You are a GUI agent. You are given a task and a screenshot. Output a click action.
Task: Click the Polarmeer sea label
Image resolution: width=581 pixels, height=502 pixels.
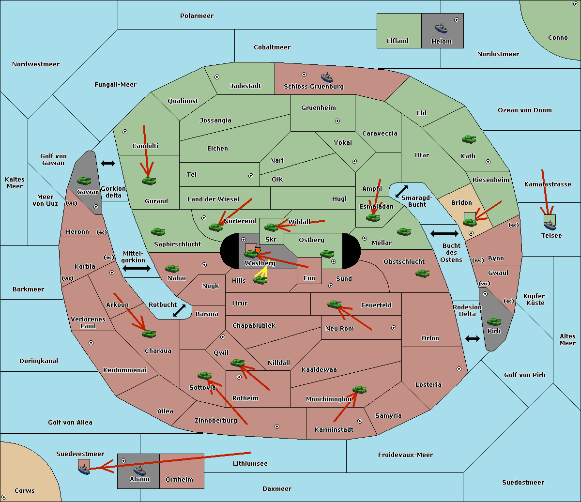click(x=197, y=16)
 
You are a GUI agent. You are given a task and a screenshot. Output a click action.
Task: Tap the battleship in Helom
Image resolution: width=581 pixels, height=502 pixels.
click(x=441, y=28)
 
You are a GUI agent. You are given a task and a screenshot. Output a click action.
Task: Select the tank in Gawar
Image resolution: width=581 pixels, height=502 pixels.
click(x=84, y=181)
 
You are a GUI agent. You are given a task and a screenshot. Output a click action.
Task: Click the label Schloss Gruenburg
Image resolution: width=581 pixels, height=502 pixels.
click(x=313, y=86)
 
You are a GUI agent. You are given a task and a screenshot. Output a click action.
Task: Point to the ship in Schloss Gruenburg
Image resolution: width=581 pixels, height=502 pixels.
click(x=327, y=77)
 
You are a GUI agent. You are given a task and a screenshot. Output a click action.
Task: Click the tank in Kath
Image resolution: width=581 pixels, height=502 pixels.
click(x=469, y=139)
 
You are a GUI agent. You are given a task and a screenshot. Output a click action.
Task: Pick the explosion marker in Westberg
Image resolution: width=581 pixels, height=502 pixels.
click(x=258, y=250)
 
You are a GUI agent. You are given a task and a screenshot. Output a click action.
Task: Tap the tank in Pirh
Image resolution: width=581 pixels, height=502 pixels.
click(x=494, y=321)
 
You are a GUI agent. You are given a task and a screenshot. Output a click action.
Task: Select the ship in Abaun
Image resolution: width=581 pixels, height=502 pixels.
click(x=140, y=470)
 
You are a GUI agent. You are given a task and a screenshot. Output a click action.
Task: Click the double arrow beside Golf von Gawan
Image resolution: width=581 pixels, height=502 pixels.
click(x=108, y=163)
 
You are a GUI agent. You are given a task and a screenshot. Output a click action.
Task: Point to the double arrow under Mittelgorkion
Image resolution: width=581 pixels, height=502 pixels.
click(x=137, y=269)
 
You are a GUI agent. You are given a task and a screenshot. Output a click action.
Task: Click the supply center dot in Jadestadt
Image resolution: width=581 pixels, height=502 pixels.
click(x=217, y=77)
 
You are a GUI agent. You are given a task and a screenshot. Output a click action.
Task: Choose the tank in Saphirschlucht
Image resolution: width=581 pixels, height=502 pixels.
click(x=158, y=232)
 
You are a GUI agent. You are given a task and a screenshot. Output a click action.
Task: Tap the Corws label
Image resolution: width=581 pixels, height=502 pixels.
click(x=25, y=490)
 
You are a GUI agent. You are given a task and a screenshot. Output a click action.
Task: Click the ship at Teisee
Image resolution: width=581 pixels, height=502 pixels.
click(x=550, y=225)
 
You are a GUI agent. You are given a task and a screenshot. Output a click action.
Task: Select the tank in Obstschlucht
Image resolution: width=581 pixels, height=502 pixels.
click(x=423, y=274)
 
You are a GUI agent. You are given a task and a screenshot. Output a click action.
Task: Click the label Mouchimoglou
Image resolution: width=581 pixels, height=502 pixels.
click(x=328, y=399)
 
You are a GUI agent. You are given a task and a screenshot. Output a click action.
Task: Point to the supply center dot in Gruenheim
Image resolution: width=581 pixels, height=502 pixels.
click(x=337, y=121)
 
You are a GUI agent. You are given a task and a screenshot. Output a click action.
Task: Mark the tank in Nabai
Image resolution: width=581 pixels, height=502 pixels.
click(x=172, y=268)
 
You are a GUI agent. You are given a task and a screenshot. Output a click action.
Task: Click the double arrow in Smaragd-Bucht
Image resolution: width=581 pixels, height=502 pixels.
click(x=401, y=191)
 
